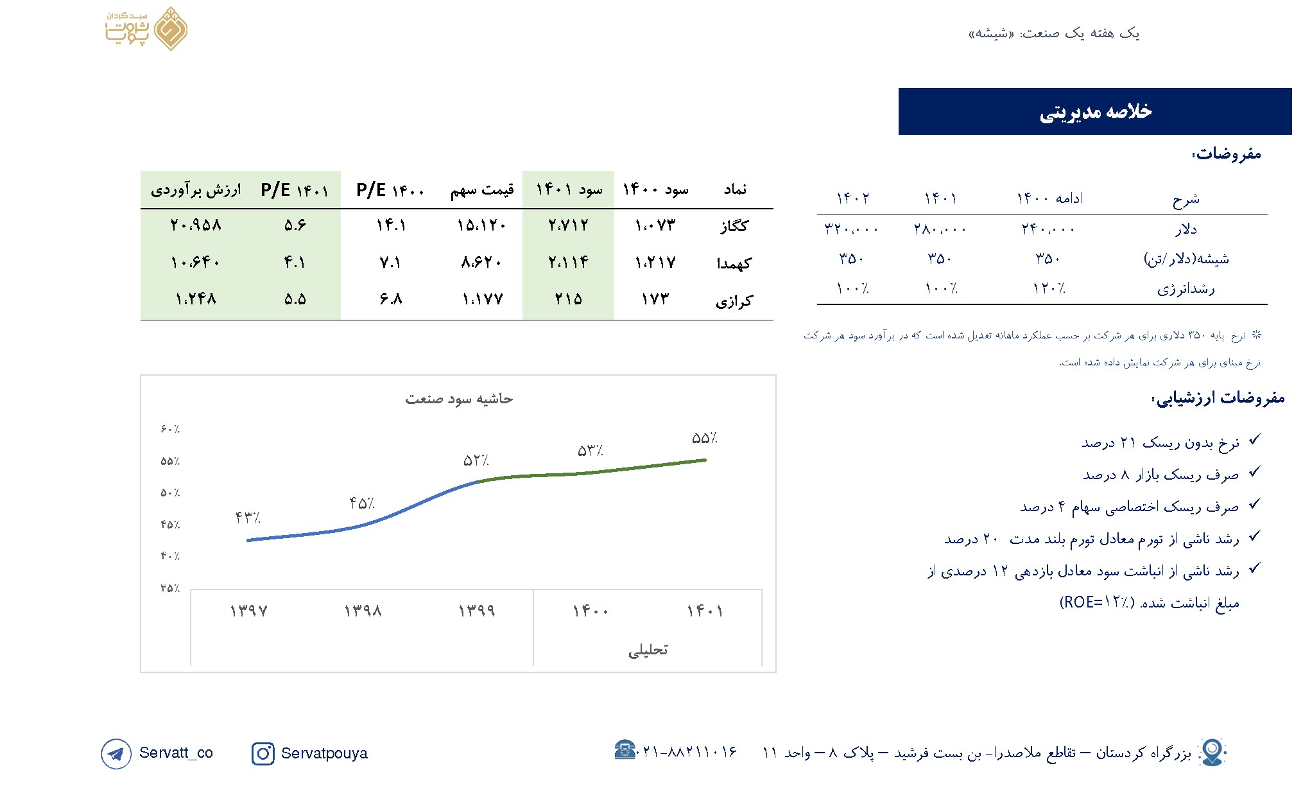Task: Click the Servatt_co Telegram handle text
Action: pos(176,753)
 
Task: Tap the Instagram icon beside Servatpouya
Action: pos(263,753)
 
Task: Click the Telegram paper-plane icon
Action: pos(116,753)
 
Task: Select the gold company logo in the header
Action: pos(147,29)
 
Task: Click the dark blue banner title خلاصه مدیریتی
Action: pos(1095,112)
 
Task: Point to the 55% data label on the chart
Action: pos(704,439)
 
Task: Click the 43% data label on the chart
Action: pos(248,518)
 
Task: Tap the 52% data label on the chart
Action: pos(476,460)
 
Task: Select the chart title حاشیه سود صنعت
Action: pos(458,399)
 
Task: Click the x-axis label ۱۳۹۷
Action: pos(248,611)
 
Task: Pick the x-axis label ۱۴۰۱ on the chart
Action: pos(705,611)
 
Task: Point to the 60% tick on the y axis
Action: pos(170,429)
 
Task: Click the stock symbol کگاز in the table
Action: pos(734,226)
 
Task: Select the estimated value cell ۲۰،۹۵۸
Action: pos(196,225)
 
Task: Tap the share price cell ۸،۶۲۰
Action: pos(481,262)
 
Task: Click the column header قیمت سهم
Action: pos(481,190)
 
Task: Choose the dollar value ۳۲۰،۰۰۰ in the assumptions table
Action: pos(851,229)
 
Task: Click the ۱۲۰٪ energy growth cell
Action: pos(1049,288)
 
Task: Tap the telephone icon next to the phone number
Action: pos(624,749)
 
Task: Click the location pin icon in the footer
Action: pos(1212,751)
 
